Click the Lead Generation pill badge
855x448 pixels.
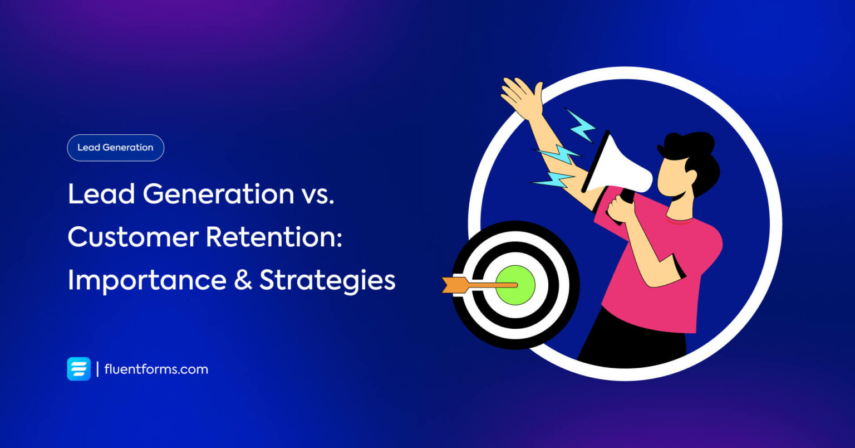coord(115,148)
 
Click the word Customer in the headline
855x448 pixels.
coord(132,237)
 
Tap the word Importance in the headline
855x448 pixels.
coord(146,280)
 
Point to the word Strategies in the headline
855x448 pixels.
coord(327,280)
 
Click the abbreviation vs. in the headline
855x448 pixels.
coord(317,194)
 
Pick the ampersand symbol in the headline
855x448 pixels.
coord(243,280)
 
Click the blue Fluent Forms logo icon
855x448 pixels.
coord(78,369)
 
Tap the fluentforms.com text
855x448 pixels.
coord(156,369)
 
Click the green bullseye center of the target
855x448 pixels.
coord(515,285)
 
